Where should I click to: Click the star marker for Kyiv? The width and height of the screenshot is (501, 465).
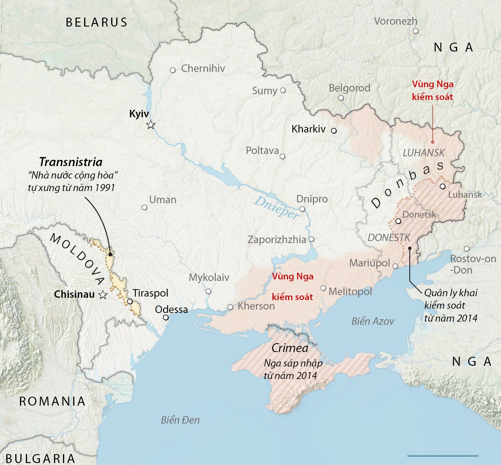click(151, 125)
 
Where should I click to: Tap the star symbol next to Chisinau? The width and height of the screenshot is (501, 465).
click(103, 295)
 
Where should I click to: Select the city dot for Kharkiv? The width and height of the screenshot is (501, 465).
click(334, 131)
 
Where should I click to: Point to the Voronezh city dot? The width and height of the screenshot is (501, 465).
click(416, 31)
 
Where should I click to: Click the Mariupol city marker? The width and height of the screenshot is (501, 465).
click(395, 266)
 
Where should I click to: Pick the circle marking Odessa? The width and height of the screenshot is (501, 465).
click(166, 318)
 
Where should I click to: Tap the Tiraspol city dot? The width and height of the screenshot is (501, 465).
click(130, 302)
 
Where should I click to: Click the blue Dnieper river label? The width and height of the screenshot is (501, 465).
click(277, 207)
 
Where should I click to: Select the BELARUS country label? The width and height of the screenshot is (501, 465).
click(96, 22)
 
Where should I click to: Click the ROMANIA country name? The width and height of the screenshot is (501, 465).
click(52, 401)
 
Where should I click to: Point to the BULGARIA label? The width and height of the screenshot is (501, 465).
click(40, 458)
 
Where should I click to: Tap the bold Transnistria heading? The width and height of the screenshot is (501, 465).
click(71, 162)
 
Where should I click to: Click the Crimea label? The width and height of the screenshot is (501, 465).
click(290, 348)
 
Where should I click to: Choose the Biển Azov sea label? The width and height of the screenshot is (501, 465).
click(373, 321)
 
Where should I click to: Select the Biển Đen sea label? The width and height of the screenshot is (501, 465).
click(180, 420)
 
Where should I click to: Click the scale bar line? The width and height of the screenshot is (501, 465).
click(443, 456)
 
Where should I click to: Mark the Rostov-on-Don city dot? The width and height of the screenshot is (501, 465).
click(467, 249)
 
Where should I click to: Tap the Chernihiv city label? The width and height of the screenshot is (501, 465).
click(203, 69)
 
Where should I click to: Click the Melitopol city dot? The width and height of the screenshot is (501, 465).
click(323, 288)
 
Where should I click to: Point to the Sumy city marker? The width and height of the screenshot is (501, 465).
click(283, 90)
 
